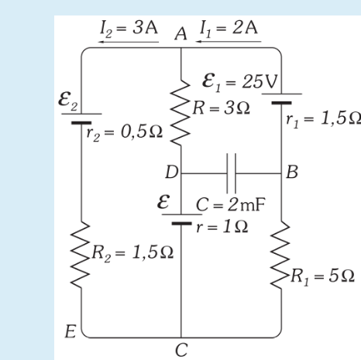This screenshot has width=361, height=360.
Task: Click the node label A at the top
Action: point(181,33)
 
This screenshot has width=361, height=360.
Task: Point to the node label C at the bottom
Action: point(181,349)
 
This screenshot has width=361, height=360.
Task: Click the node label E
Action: point(70,333)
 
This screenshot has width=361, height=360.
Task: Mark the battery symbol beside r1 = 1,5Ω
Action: point(280,99)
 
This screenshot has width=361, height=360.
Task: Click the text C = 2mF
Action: point(224,206)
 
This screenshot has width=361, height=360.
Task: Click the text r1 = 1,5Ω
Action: point(324,118)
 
